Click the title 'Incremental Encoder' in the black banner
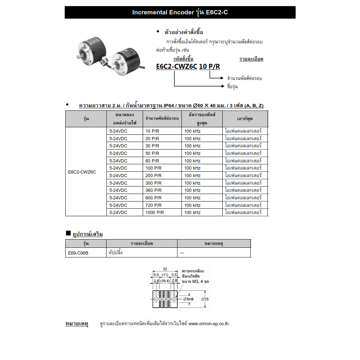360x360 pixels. pyautogui.click(x=164, y=13)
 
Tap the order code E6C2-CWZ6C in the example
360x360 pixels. pyautogui.click(x=176, y=67)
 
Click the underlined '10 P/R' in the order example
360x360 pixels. pyautogui.click(x=210, y=67)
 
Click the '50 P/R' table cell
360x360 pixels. pyautogui.click(x=152, y=153)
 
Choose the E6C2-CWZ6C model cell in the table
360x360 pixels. pyautogui.click(x=82, y=172)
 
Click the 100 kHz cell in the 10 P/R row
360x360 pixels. pyautogui.click(x=192, y=131)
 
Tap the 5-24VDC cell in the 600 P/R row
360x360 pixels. pyautogui.click(x=118, y=198)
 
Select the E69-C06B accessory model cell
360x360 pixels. pyautogui.click(x=78, y=253)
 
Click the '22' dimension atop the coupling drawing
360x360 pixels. pyautogui.click(x=165, y=269)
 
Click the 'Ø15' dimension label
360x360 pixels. pyautogui.click(x=205, y=299)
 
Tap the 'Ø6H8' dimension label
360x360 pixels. pyautogui.click(x=188, y=299)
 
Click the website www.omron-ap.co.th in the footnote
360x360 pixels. pyautogui.click(x=208, y=324)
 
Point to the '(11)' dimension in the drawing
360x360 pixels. pyautogui.click(x=165, y=275)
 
